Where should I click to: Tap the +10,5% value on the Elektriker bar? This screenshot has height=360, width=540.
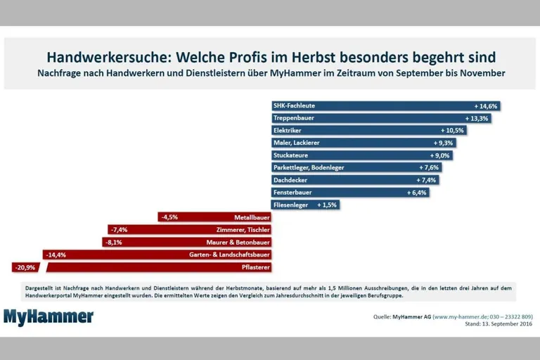[x=453, y=131]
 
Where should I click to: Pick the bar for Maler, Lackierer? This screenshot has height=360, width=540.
[x=363, y=143]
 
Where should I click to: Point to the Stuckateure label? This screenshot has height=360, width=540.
[x=290, y=155]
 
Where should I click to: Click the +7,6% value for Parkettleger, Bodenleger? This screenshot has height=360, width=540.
[x=429, y=167]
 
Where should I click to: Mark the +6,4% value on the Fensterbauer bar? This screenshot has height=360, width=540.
[x=417, y=192]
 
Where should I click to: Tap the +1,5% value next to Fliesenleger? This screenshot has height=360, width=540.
[x=328, y=205]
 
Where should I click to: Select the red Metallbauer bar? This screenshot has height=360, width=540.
[x=214, y=217]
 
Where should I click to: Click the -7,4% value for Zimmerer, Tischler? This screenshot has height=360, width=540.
[x=119, y=229]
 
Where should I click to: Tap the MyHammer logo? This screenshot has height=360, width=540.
[x=49, y=317]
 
